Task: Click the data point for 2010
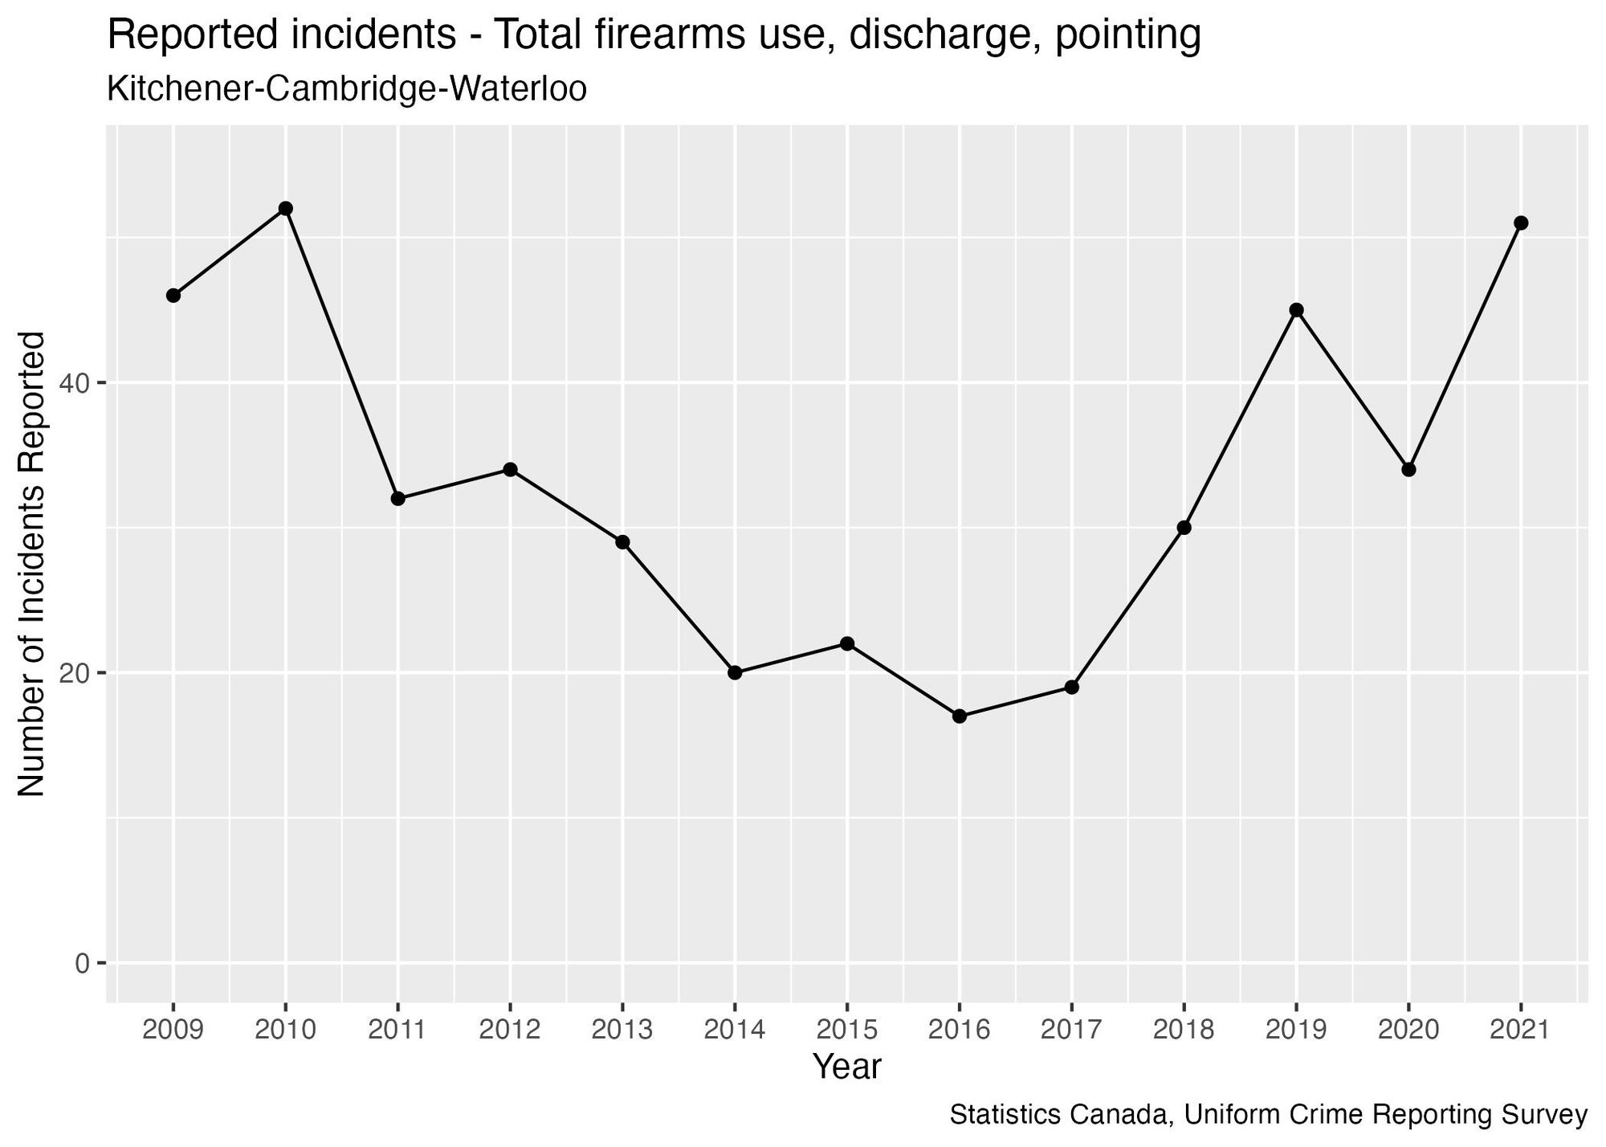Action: click(285, 209)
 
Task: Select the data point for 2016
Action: click(959, 716)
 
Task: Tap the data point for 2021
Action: click(1520, 223)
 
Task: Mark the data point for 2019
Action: click(1296, 310)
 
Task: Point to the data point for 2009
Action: click(173, 296)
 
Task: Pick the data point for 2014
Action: click(735, 673)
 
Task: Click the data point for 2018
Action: click(1184, 528)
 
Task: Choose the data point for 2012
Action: click(510, 470)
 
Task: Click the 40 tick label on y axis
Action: click(75, 384)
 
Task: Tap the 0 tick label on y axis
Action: click(82, 963)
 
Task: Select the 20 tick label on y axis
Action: click(75, 673)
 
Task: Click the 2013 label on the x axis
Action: click(622, 1030)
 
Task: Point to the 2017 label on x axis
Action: click(1071, 1030)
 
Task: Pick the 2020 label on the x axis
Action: click(1408, 1030)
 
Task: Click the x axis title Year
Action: click(846, 1067)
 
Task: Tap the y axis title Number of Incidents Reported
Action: click(32, 564)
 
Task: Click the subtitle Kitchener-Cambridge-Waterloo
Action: click(346, 89)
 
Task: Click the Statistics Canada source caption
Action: click(1268, 1116)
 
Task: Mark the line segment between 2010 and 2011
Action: click(341, 353)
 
